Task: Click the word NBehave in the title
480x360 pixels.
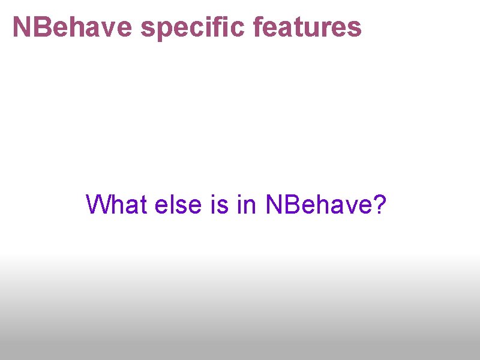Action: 73,27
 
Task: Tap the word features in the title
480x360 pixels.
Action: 308,27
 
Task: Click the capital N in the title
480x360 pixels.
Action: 22,27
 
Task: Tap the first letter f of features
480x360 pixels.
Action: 259,27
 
